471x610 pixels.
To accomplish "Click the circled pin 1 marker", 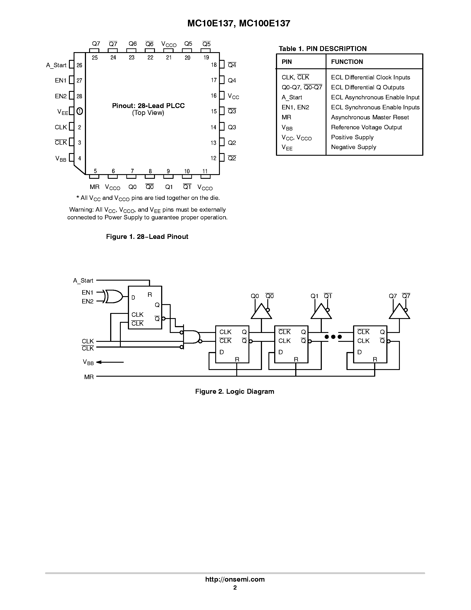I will point(80,111).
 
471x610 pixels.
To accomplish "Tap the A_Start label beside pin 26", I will point(56,65).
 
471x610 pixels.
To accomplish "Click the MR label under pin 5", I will point(95,187).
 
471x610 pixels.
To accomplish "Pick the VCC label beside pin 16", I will point(233,96).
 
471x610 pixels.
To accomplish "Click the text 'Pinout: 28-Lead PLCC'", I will point(148,106).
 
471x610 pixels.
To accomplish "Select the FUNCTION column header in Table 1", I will point(347,62).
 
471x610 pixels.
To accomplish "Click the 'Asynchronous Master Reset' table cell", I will point(370,117).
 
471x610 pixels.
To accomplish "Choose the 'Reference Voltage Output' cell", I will point(366,127).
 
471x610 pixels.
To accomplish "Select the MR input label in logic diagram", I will point(89,377).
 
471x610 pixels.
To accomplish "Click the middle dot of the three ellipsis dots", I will point(333,337).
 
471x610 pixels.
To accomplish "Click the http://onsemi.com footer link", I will point(235,579).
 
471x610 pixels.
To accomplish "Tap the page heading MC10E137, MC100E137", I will point(238,23).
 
